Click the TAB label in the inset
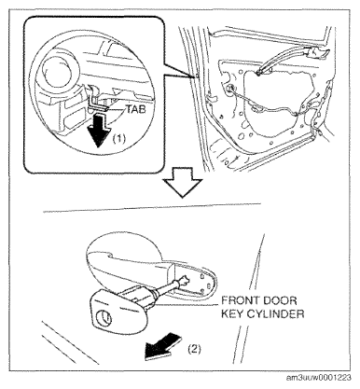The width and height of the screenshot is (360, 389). [x=136, y=109]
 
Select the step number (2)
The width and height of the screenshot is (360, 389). [x=195, y=349]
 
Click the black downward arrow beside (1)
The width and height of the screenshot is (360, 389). [x=99, y=129]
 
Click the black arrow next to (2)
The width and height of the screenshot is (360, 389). [x=162, y=346]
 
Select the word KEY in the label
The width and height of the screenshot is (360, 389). [x=232, y=313]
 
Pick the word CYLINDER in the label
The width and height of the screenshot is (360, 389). [x=275, y=313]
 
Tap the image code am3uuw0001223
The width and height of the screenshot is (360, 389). [x=319, y=378]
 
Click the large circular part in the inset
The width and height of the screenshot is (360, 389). [x=58, y=70]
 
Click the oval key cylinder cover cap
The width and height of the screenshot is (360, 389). [x=119, y=309]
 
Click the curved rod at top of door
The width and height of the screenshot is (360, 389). [x=284, y=59]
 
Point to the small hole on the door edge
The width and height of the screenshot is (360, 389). [x=198, y=76]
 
